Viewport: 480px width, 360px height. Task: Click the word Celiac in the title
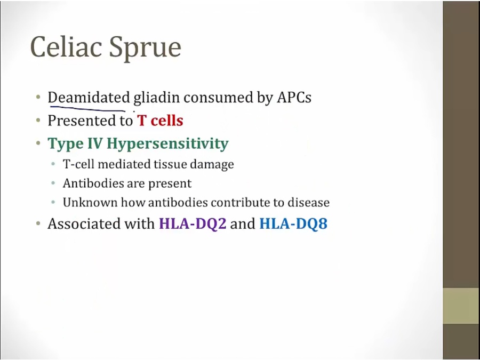click(x=66, y=47)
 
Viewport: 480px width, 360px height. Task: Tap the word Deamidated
click(x=89, y=98)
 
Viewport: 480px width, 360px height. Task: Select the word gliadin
click(x=156, y=98)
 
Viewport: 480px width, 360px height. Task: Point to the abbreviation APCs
click(x=294, y=98)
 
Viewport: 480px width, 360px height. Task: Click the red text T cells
click(x=160, y=121)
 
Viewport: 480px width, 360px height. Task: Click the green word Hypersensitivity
click(x=168, y=144)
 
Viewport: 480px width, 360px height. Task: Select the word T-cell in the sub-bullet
click(x=78, y=164)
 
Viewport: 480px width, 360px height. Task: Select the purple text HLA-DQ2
click(x=193, y=223)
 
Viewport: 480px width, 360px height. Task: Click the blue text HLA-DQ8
click(x=293, y=223)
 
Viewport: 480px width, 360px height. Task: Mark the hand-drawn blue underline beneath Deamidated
click(x=88, y=109)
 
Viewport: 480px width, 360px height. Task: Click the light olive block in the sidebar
click(x=461, y=306)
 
